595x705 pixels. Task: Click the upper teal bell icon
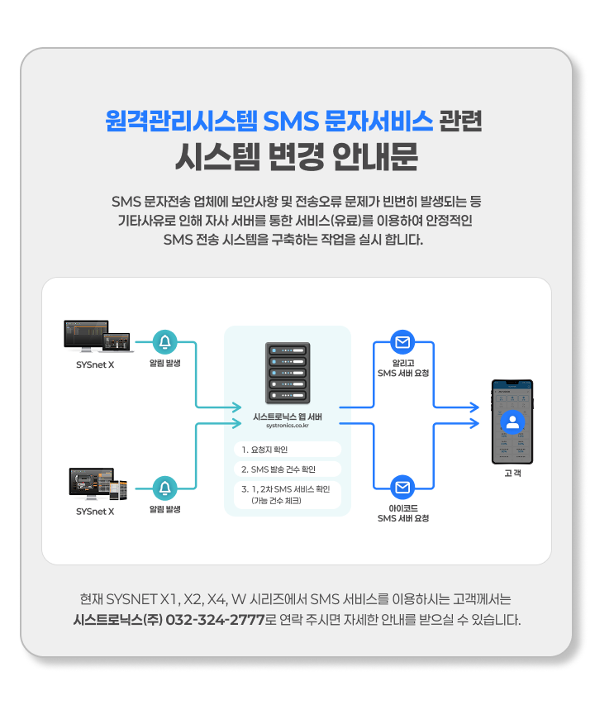click(166, 341)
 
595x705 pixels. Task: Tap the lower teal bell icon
click(166, 488)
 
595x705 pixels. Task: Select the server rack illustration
click(288, 372)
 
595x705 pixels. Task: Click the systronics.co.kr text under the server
click(288, 426)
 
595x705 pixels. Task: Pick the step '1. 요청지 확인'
click(288, 450)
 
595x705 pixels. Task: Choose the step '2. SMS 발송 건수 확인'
click(288, 469)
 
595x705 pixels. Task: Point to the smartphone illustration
click(512, 422)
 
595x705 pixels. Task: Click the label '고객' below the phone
click(512, 474)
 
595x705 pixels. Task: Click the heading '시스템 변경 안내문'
click(297, 155)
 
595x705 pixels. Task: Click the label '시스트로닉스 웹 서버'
click(288, 416)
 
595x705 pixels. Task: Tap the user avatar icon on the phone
click(513, 422)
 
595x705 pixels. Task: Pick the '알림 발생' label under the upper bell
click(165, 363)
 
